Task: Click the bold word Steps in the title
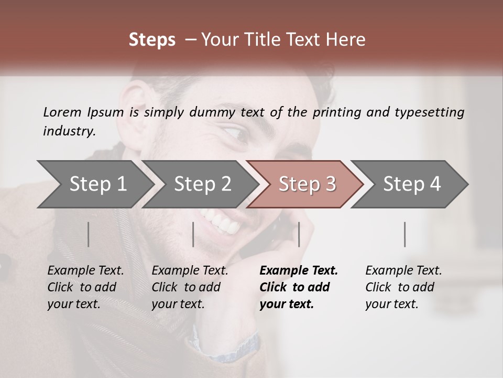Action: (152, 40)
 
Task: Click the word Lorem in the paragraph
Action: (62, 112)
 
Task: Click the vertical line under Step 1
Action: (89, 234)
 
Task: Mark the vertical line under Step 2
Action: (193, 234)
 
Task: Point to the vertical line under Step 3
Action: (299, 234)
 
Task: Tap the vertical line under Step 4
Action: (405, 234)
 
